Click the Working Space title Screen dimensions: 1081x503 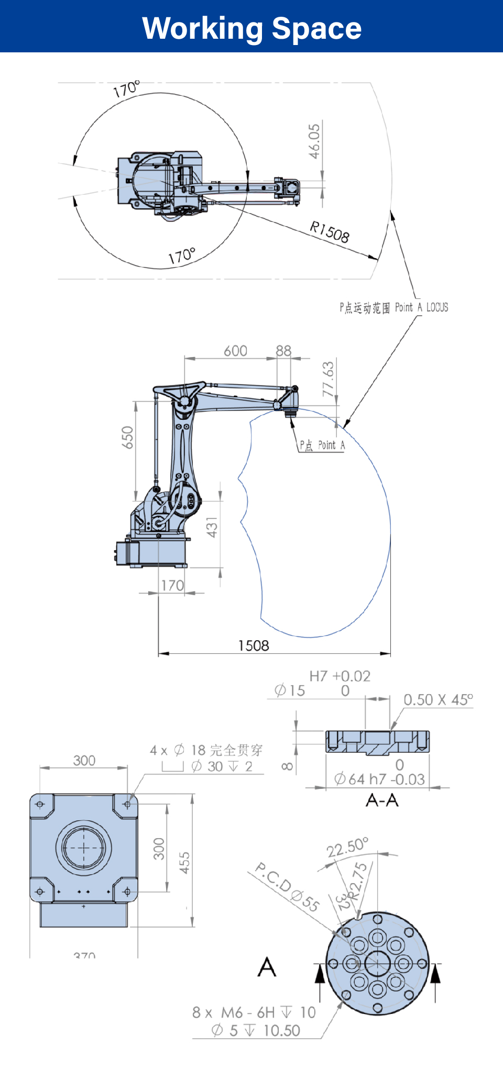pyautogui.click(x=251, y=28)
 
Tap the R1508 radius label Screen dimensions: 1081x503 pyautogui.click(x=329, y=231)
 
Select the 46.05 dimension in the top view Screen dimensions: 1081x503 pyautogui.click(x=314, y=141)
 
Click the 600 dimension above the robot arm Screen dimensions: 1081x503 pyautogui.click(x=235, y=351)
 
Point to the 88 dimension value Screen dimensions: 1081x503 pyautogui.click(x=283, y=351)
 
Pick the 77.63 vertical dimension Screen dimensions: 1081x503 pyautogui.click(x=328, y=379)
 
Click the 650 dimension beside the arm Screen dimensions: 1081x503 pyautogui.click(x=127, y=437)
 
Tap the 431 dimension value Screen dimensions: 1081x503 pyautogui.click(x=212, y=527)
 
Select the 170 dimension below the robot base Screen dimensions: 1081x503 pyautogui.click(x=172, y=585)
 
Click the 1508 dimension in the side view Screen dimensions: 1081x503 pyautogui.click(x=254, y=645)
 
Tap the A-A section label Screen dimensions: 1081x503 pyautogui.click(x=382, y=800)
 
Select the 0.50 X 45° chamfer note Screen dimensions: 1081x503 pyautogui.click(x=438, y=700)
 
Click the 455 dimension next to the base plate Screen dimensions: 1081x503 pyautogui.click(x=184, y=863)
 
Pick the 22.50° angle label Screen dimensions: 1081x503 pyautogui.click(x=347, y=847)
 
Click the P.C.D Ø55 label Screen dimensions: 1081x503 pyautogui.click(x=287, y=887)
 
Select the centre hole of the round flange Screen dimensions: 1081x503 pyautogui.click(x=377, y=963)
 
